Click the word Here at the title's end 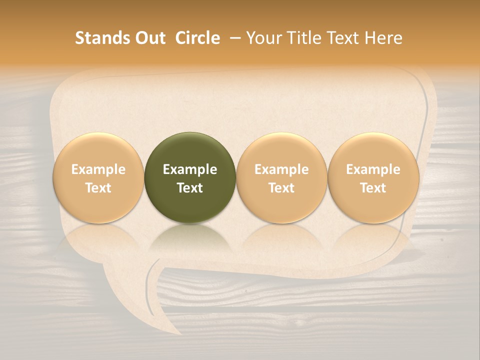383,38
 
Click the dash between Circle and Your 234,38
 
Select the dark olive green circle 190,177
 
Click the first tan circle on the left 98,177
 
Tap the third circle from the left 281,177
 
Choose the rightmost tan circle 373,177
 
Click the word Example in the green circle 190,169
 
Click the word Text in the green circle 190,188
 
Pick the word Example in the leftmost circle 98,169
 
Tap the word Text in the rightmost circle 373,188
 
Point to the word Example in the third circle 281,169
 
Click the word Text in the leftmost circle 98,188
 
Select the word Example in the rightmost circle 373,169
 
